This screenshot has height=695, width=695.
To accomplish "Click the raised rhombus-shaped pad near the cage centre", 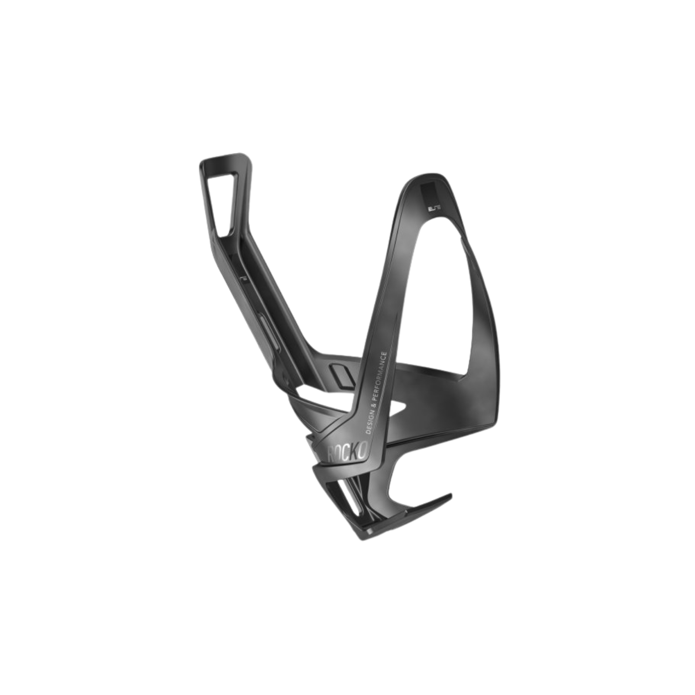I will pos(342,374).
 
